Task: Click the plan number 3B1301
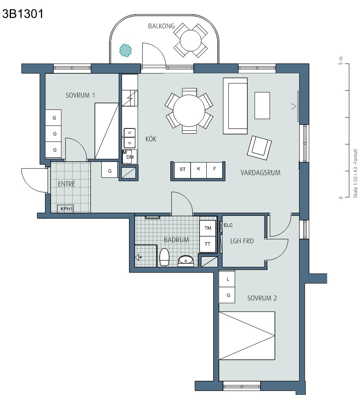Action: coord(23,14)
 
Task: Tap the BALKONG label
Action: coord(161,26)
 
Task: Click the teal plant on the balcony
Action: coord(126,50)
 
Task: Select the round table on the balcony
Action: coord(191,40)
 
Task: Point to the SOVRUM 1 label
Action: coord(80,95)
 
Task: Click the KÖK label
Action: coord(151,139)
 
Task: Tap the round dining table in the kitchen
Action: coord(189,111)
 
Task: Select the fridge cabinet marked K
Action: coord(199,170)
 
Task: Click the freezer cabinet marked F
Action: coord(214,170)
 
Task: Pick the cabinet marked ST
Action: coord(182,170)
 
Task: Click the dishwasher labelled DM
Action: coord(130,157)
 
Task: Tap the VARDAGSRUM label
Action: coord(260,173)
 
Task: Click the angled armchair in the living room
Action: coord(259,147)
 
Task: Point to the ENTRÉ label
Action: coord(66,184)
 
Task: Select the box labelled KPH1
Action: coord(66,209)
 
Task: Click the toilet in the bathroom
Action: coord(164,257)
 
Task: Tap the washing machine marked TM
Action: coord(208,228)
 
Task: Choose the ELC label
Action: coord(228,225)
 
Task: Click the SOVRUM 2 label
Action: coord(262,298)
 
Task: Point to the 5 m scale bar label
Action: coord(341,60)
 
